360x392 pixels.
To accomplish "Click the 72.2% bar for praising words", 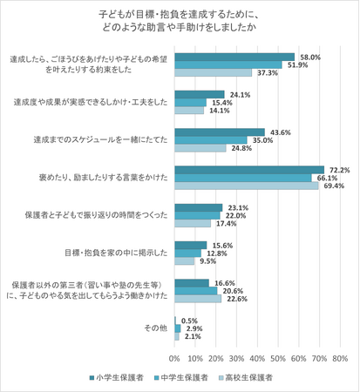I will (249, 169).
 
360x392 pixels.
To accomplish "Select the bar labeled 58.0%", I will (234, 57).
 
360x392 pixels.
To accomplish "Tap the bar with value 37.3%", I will (214, 72).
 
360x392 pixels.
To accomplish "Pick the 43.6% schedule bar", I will (220, 131).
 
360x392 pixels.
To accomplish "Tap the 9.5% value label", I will (208, 261).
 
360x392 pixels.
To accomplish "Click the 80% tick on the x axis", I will (340, 357).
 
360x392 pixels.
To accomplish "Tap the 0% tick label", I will (175, 357).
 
